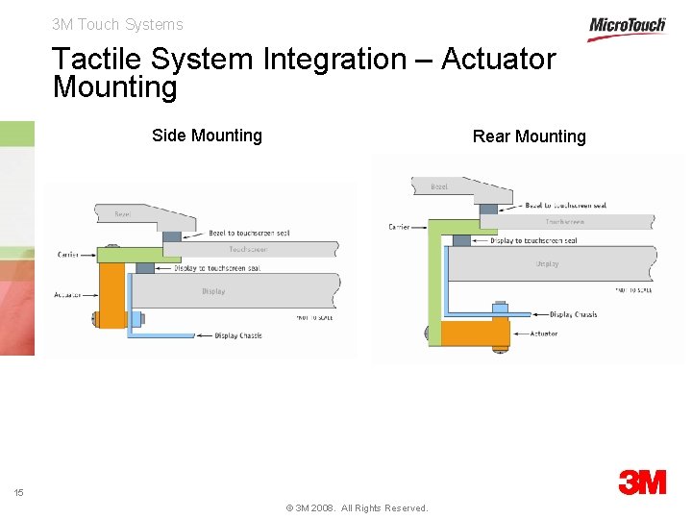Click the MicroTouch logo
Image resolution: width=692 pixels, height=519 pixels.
[627, 26]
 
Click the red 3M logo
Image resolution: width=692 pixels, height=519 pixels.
[642, 482]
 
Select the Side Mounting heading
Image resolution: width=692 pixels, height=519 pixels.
[207, 136]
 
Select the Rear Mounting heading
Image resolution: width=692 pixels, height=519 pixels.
[529, 136]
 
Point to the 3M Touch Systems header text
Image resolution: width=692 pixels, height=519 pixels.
[117, 25]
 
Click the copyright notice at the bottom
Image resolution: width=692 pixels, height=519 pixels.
[357, 507]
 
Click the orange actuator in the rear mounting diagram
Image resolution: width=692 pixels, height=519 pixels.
[475, 333]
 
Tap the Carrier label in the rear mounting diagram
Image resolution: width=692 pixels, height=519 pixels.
[399, 227]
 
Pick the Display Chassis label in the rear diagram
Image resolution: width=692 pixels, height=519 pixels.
[573, 314]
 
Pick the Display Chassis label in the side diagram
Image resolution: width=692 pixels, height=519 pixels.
[238, 335]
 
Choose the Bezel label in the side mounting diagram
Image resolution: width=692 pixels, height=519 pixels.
[123, 214]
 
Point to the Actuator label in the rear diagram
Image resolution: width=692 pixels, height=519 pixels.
[543, 334]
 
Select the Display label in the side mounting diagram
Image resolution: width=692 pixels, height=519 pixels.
[213, 291]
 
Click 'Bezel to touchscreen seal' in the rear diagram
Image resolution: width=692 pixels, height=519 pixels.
[566, 205]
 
